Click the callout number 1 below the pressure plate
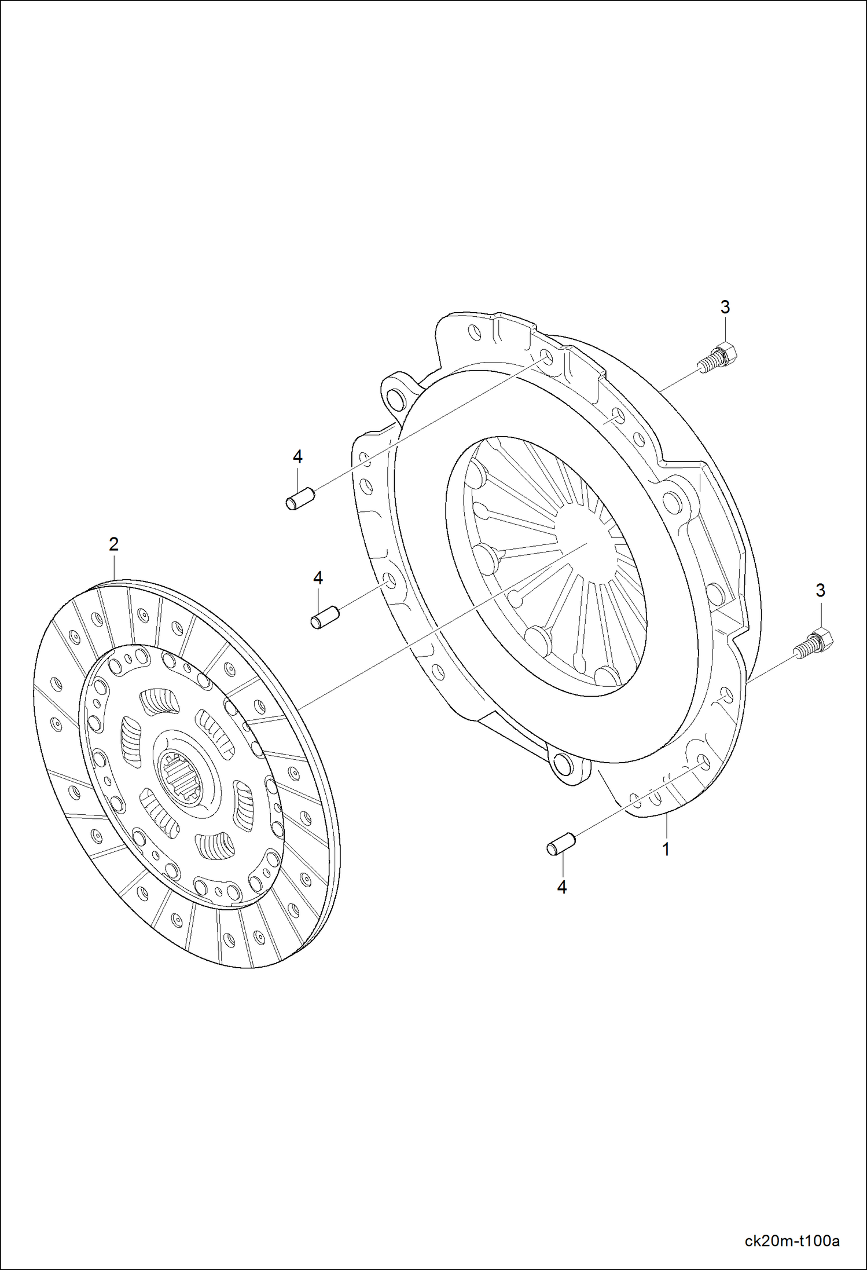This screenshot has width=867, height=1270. [666, 850]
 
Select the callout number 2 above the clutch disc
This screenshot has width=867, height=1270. [113, 544]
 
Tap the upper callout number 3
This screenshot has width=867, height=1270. [725, 307]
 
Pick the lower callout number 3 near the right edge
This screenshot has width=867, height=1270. [820, 591]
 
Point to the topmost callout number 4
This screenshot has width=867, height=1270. [297, 457]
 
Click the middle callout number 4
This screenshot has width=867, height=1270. [318, 577]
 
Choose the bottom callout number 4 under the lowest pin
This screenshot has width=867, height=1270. [561, 887]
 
